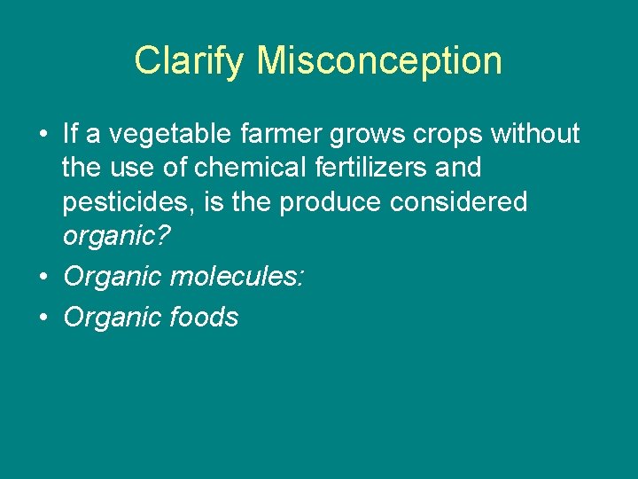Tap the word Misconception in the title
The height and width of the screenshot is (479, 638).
point(379,60)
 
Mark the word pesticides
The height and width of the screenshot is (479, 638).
point(128,202)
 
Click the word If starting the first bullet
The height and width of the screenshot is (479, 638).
point(71,134)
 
